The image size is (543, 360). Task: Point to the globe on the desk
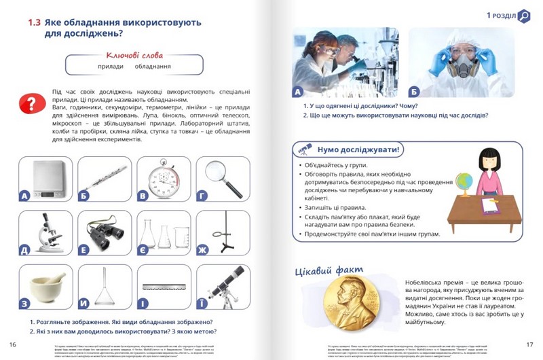(x=464, y=181)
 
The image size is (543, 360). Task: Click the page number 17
(x=529, y=344)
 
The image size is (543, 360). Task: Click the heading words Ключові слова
(x=134, y=54)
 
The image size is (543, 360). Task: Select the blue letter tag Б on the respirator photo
(x=415, y=91)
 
